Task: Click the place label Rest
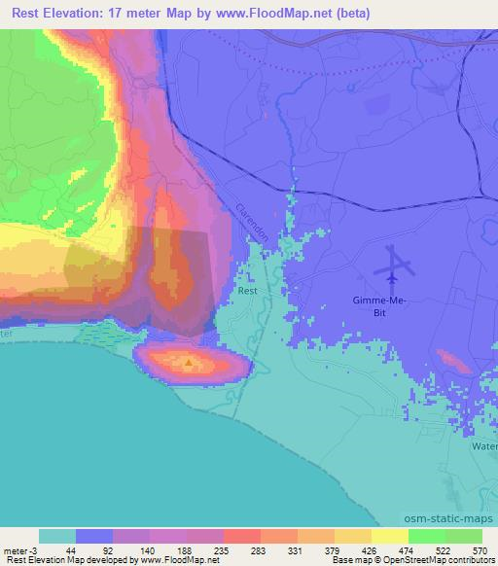click(x=248, y=291)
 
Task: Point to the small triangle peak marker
click(x=190, y=364)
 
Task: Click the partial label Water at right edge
click(x=484, y=446)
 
